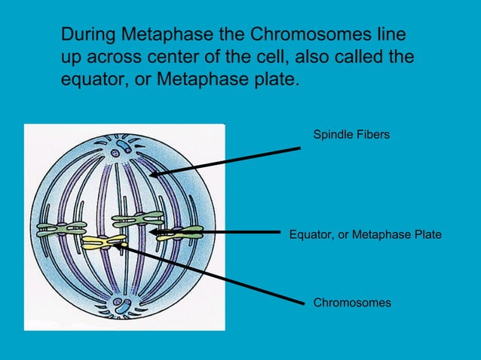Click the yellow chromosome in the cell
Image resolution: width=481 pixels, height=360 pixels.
[x=104, y=242]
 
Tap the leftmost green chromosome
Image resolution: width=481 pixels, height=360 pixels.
[x=61, y=230]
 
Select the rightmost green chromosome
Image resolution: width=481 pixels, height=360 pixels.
[x=181, y=233]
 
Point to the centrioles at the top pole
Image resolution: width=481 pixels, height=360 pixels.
[x=120, y=144]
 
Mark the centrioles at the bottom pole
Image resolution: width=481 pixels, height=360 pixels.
[x=121, y=307]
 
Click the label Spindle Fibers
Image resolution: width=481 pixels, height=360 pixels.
[x=351, y=134]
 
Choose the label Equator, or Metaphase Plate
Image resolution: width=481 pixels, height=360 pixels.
[x=366, y=235]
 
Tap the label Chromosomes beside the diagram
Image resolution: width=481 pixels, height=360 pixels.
[x=352, y=303]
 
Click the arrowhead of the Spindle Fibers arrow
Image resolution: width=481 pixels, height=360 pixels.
[x=153, y=174]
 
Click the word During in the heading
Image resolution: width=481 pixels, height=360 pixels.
[x=85, y=35]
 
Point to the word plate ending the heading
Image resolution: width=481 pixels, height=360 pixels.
[x=274, y=79]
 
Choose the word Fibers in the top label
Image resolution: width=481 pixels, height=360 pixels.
[x=372, y=134]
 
